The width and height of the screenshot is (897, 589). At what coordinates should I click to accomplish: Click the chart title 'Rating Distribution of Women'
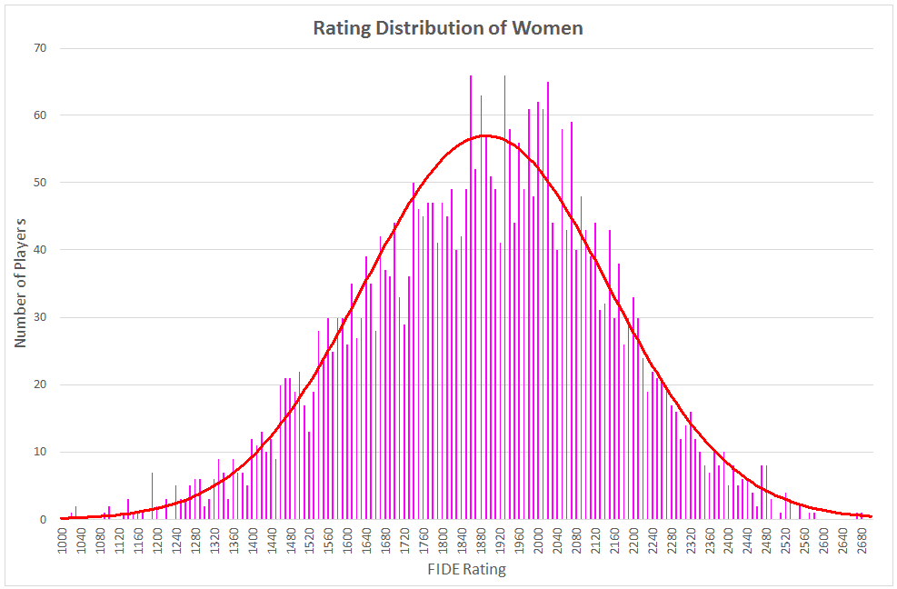447,28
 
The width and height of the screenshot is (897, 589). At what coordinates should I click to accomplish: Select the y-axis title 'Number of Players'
20,282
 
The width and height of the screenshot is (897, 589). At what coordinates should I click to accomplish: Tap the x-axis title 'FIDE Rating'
466,571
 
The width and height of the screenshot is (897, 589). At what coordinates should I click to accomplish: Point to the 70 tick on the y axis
40,48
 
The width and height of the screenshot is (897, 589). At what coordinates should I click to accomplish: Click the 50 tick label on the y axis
40,183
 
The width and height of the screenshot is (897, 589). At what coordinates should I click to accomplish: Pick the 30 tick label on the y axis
40,317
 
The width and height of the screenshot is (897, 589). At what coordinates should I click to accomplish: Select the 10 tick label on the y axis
40,452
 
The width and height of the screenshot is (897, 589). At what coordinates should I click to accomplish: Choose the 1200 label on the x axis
158,540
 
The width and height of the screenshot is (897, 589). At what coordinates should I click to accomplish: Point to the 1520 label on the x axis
310,540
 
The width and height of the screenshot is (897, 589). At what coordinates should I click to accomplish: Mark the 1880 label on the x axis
481,540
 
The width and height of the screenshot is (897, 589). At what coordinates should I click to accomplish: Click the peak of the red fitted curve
485,135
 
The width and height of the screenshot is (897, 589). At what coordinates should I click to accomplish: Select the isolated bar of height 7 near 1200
152,496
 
